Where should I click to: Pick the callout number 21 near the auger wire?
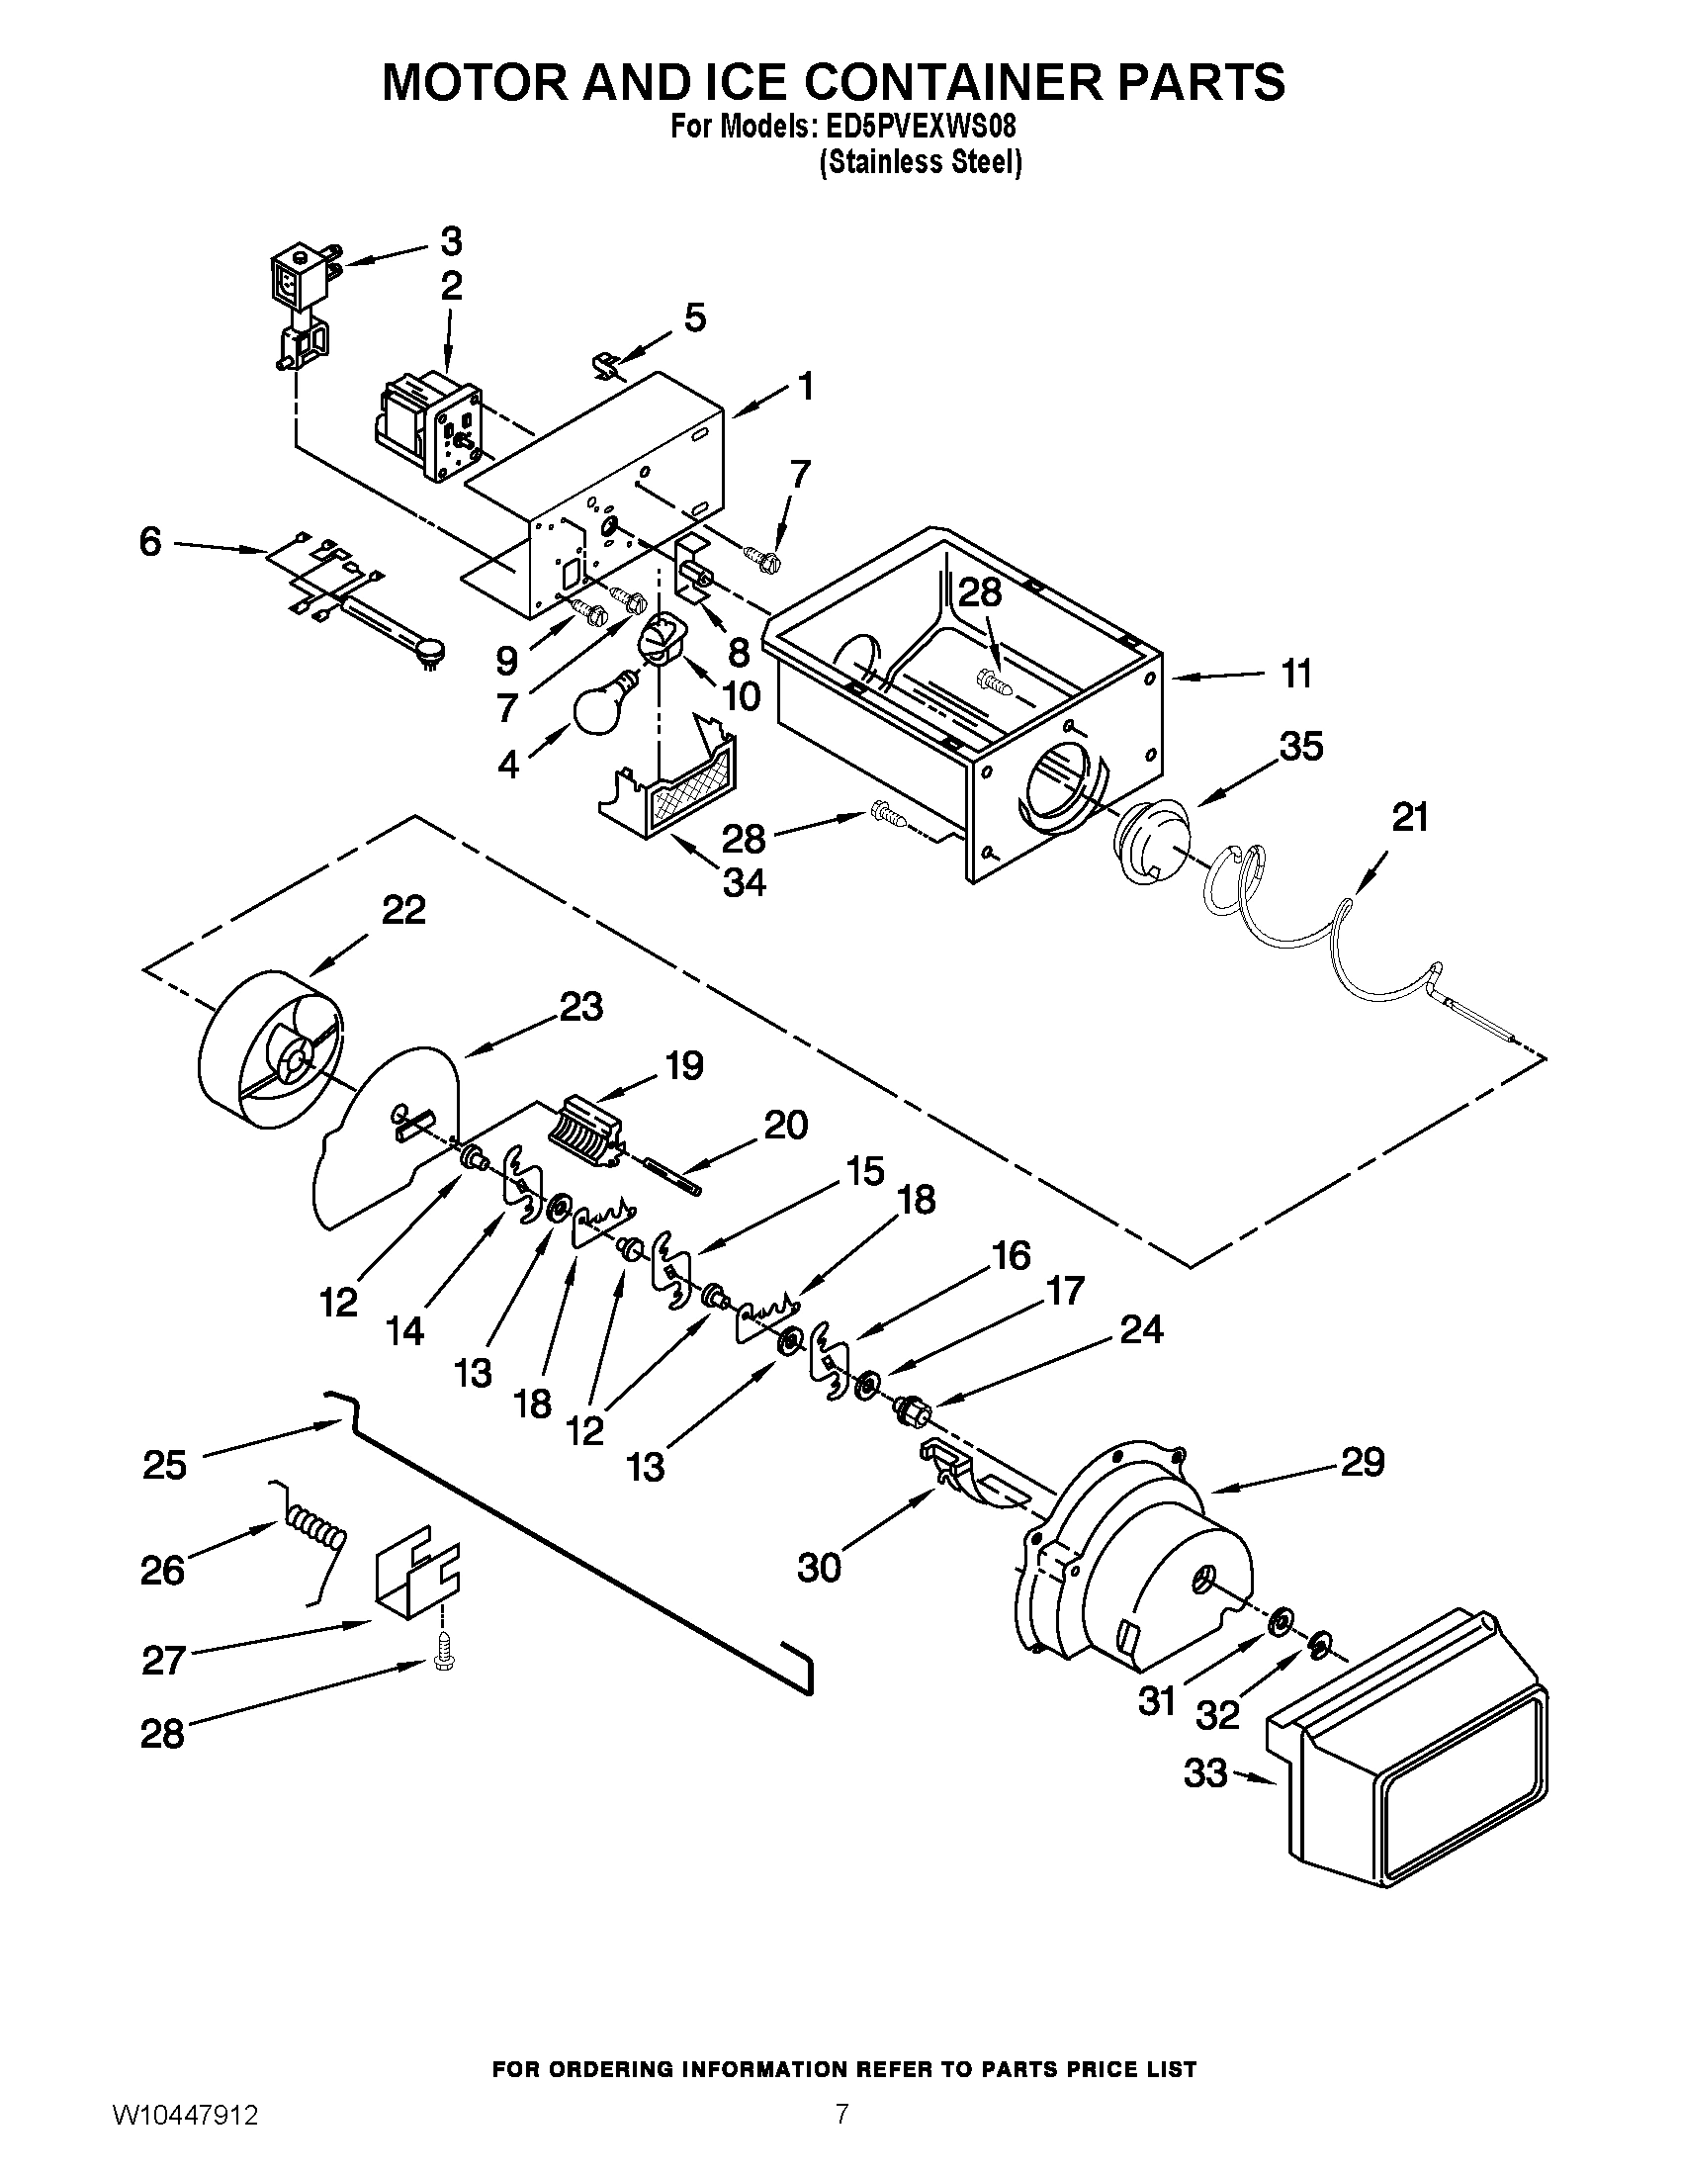tap(1409, 818)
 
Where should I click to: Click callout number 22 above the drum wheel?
tap(403, 909)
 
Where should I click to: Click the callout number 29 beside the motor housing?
tap(1362, 1462)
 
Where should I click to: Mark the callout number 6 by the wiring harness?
tap(149, 543)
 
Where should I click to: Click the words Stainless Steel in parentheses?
tap(921, 162)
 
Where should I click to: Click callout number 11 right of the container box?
tap(1294, 675)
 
